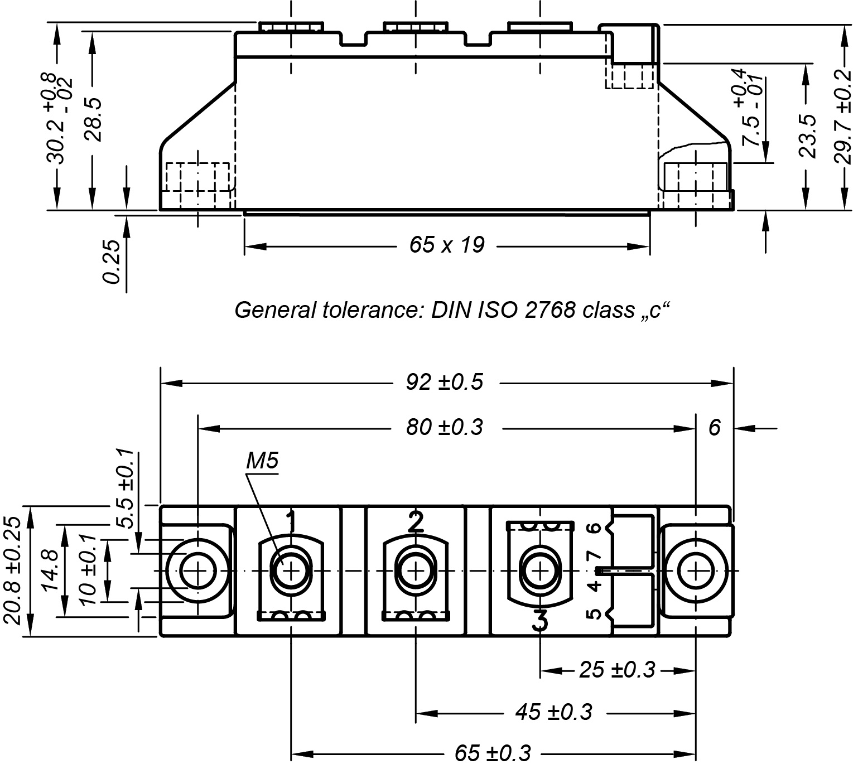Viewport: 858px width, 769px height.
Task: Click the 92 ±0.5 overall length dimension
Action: coord(444,383)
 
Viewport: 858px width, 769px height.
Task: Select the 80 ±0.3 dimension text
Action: coord(444,428)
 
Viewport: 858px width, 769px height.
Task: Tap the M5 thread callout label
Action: coord(262,461)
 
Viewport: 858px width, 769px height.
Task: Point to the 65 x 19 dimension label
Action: coord(447,245)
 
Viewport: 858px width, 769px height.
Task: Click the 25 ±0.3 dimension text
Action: coord(616,670)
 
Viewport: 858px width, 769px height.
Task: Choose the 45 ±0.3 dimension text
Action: coord(554,712)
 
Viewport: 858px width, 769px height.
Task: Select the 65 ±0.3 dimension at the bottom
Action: coord(493,754)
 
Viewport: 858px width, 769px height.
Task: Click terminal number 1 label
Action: coord(291,521)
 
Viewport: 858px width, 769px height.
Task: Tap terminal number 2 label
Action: coord(416,521)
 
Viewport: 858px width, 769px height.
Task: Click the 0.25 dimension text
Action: coord(112,261)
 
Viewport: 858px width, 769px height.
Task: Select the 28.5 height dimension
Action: coord(91,119)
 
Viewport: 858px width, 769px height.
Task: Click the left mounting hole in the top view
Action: coord(198,571)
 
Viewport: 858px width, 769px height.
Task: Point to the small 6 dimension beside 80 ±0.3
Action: coord(715,428)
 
